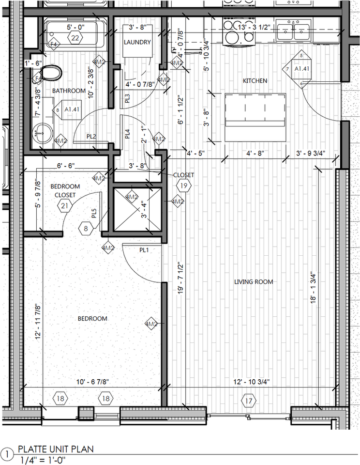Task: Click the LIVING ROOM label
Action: click(x=254, y=281)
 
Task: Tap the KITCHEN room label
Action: click(x=255, y=80)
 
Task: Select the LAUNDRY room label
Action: click(x=137, y=42)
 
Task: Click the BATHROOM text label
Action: click(x=69, y=91)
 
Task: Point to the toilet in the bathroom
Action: click(x=51, y=74)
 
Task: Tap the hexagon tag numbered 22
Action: click(x=75, y=38)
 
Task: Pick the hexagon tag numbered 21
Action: click(x=64, y=206)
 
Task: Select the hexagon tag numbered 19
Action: click(x=184, y=185)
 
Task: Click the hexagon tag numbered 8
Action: click(x=87, y=228)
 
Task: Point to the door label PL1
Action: click(x=144, y=250)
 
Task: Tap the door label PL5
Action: click(x=94, y=213)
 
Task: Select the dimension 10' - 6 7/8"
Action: click(x=92, y=382)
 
